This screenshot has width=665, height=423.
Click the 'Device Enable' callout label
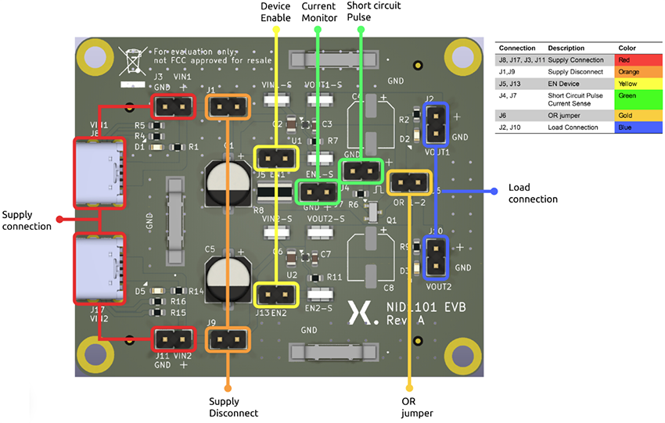pyautogui.click(x=275, y=13)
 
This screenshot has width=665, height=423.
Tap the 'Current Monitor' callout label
pyautogui.click(x=318, y=13)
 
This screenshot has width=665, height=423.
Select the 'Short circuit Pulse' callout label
pyautogui.click(x=361, y=13)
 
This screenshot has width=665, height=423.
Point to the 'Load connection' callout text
pyautogui.click(x=533, y=193)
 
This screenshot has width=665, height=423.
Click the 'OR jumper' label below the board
pyautogui.click(x=408, y=407)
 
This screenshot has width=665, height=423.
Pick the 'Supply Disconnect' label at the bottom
pyautogui.click(x=228, y=407)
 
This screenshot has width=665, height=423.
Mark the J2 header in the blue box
pyautogui.click(x=434, y=124)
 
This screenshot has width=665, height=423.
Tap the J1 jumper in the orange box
pyautogui.click(x=228, y=107)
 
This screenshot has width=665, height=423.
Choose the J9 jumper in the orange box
pyautogui.click(x=228, y=340)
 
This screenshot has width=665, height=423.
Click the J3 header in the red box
pyautogui.click(x=173, y=106)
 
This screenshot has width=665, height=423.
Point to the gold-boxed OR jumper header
pyautogui.click(x=408, y=182)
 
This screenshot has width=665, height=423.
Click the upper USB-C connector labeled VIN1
pyautogui.click(x=99, y=174)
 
